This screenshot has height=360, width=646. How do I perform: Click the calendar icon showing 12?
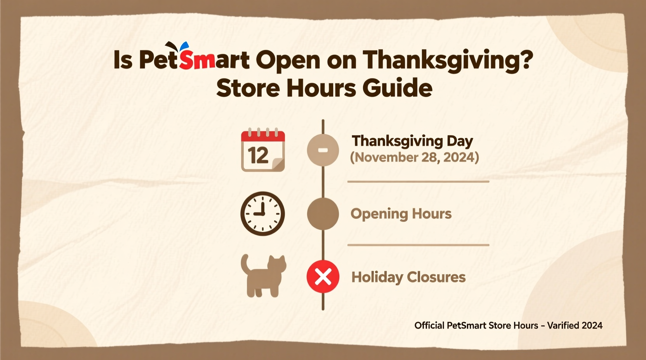(x=263, y=151)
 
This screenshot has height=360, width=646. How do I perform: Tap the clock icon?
(x=262, y=214)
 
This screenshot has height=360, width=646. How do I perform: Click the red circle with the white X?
(x=323, y=277)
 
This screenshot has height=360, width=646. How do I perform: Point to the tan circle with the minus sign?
(x=323, y=150)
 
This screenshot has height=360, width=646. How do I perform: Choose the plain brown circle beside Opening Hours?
(x=323, y=214)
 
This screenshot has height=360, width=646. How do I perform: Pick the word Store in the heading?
(x=248, y=88)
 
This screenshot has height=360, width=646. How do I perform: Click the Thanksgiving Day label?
(x=412, y=141)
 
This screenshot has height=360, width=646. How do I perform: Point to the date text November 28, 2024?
(x=415, y=157)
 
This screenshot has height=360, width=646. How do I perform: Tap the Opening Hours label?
(x=401, y=214)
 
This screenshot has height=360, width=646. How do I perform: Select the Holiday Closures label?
(x=408, y=277)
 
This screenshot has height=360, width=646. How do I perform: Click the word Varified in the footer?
(x=563, y=325)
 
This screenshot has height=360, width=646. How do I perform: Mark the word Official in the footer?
(x=429, y=325)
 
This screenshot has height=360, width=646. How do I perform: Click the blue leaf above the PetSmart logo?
(x=184, y=47)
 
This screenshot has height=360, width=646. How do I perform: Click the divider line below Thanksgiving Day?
(x=418, y=182)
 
